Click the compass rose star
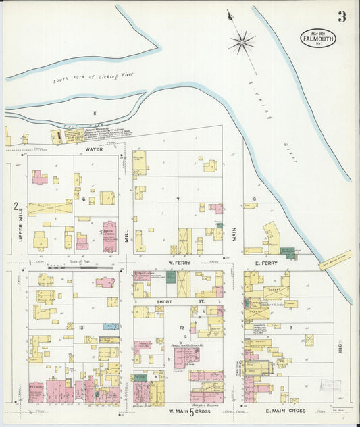(x=241, y=42)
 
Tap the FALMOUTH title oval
(x=318, y=36)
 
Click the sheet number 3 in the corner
(x=342, y=17)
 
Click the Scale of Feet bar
(x=81, y=267)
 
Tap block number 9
(x=291, y=327)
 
